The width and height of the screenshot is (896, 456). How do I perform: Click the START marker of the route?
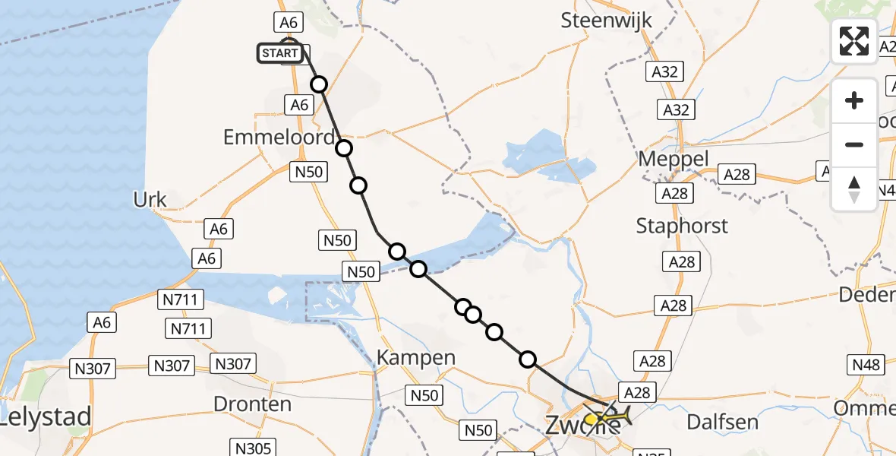point(279,53)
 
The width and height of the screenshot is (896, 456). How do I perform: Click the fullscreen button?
point(854,41)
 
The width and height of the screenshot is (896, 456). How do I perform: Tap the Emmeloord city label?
point(279,138)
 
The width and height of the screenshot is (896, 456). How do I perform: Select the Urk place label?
point(150,201)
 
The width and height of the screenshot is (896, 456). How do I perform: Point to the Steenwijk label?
point(607,21)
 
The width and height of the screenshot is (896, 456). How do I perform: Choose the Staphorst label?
point(682,226)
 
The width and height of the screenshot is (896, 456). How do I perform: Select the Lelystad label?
point(46,416)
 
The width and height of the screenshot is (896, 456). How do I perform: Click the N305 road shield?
point(253,448)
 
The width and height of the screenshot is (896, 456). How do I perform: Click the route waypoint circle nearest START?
point(319,84)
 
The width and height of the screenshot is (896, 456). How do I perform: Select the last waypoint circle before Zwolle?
point(528,359)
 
